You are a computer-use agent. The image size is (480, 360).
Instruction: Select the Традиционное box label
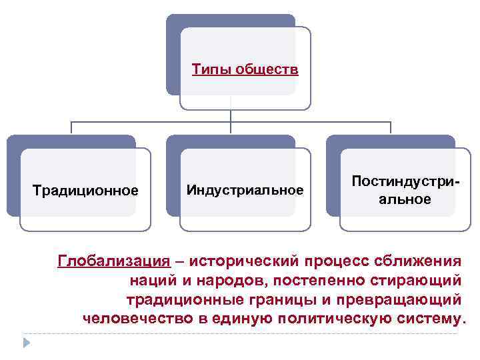tap(85, 191)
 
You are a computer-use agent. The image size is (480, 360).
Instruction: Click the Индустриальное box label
tap(245, 190)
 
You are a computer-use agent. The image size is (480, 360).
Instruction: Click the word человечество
tap(138, 317)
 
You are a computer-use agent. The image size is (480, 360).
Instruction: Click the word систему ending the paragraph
tap(427, 317)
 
